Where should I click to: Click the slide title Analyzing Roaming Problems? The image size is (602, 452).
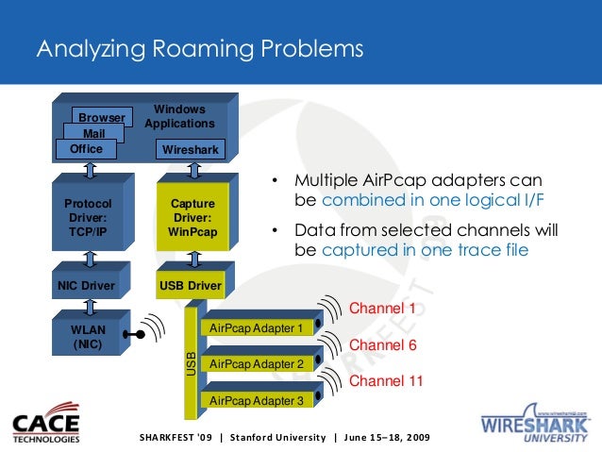click(x=199, y=47)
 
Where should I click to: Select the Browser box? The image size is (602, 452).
click(x=101, y=118)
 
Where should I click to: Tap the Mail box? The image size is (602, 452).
click(x=93, y=134)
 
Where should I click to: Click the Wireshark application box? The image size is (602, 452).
click(x=191, y=150)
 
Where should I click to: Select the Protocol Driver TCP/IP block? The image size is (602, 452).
click(x=88, y=218)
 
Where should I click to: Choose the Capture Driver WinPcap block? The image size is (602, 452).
click(x=192, y=218)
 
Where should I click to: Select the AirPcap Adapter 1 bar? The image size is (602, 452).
click(x=257, y=328)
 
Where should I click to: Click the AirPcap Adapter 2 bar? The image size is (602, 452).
click(x=257, y=363)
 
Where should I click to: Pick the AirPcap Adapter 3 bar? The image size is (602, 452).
click(x=257, y=400)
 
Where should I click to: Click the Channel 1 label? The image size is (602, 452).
click(x=382, y=309)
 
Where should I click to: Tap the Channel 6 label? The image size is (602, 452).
click(x=382, y=345)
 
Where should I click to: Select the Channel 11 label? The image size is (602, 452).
click(x=386, y=381)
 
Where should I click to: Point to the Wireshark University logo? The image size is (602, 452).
click(x=535, y=423)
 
